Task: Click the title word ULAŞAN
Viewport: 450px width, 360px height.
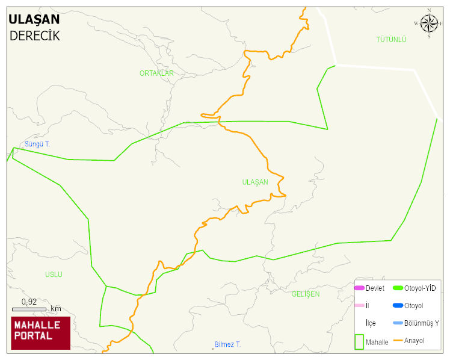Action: click(34, 19)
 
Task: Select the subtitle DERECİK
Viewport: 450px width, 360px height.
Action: click(34, 36)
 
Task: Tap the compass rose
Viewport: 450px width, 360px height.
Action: click(429, 23)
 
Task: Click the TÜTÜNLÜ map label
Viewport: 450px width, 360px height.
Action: click(391, 40)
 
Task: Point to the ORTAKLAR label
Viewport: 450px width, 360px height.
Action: click(156, 73)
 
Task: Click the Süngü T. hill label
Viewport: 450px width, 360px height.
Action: click(37, 144)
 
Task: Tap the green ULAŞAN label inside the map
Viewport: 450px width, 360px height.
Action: click(254, 182)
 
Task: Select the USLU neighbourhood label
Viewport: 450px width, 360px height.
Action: click(54, 275)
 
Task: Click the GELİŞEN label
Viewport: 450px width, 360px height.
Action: click(306, 294)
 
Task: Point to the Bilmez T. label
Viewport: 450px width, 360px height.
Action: click(227, 344)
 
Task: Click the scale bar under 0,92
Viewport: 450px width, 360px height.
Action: click(29, 309)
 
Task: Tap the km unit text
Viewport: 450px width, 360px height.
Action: click(55, 309)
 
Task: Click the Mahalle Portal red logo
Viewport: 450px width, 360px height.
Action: click(41, 333)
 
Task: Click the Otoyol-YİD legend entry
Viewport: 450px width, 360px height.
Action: click(420, 288)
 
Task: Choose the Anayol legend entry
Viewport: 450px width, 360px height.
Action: click(414, 341)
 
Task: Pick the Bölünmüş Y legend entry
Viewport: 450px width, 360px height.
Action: click(421, 323)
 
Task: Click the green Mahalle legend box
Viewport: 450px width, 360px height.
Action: click(359, 341)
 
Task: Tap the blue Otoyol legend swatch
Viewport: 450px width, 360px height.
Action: click(398, 306)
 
